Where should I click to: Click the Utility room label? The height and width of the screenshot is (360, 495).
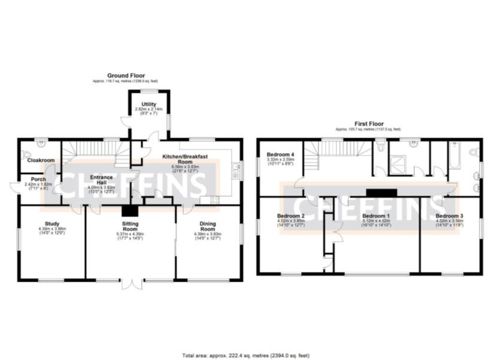(148, 104)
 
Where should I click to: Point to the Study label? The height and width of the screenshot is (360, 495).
(52, 223)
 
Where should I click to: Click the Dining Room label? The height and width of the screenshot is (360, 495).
(207, 227)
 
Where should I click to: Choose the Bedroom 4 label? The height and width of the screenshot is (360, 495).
(281, 154)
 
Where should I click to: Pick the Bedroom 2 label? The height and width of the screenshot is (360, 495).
(291, 215)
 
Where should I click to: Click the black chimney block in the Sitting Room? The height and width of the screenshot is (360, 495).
(129, 210)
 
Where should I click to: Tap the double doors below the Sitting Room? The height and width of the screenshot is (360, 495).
(130, 283)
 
